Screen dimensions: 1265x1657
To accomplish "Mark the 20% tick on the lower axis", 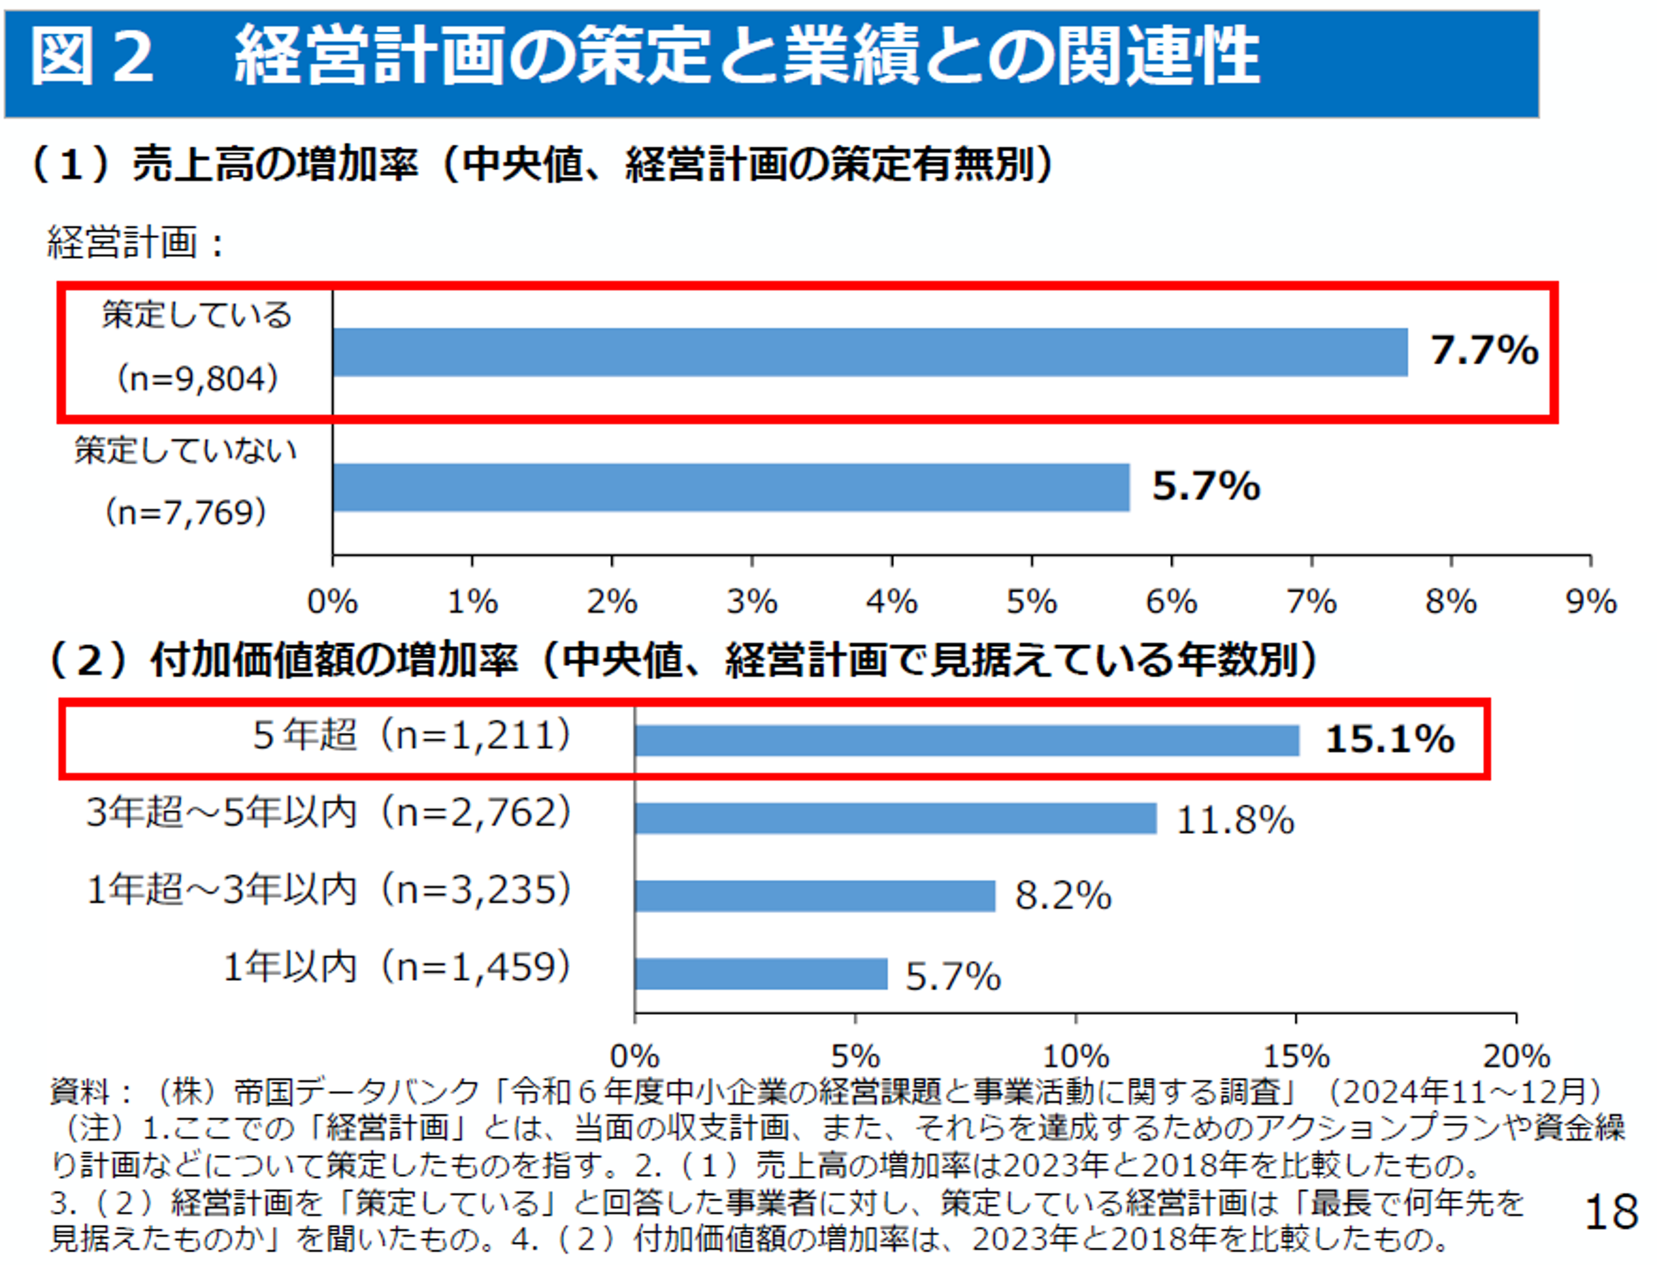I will (1515, 1056).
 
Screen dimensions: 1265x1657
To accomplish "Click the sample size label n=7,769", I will (185, 513).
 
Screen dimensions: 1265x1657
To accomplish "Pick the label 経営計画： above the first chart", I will (136, 243).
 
